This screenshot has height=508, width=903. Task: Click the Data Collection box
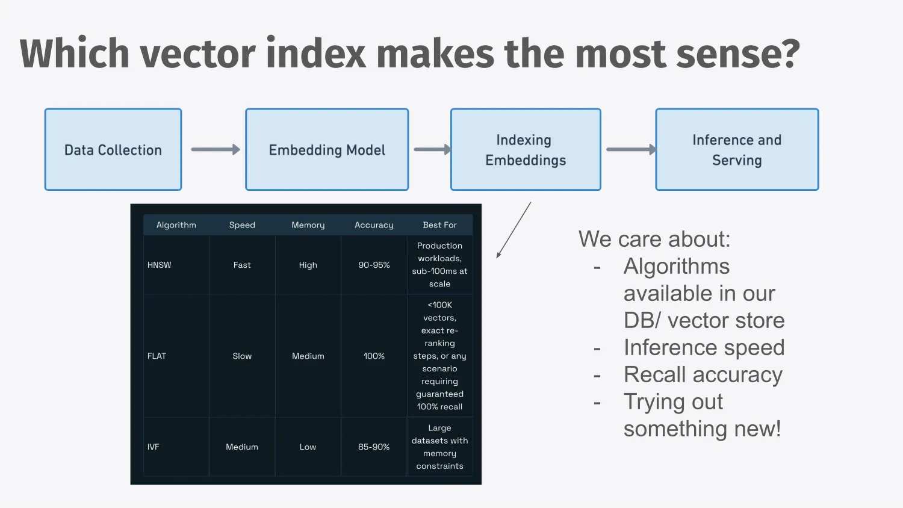[x=113, y=150]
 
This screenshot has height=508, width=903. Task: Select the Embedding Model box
[x=327, y=150]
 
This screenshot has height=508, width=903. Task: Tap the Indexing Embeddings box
[x=526, y=150]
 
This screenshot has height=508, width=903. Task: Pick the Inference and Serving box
[x=737, y=150]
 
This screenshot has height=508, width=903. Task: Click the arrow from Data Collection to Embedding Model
[x=216, y=150]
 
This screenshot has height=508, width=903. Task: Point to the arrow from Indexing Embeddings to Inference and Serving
[x=631, y=150]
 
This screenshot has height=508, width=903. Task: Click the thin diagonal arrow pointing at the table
[x=514, y=230]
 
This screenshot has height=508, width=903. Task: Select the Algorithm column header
[x=176, y=225]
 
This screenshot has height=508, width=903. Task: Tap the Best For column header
[x=439, y=225]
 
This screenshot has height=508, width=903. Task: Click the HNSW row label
[x=160, y=265]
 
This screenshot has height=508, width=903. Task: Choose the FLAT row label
[x=157, y=356]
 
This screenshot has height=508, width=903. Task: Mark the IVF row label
[x=153, y=447]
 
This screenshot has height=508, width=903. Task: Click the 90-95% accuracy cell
[x=374, y=265]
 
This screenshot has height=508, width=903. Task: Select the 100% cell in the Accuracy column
[x=374, y=356]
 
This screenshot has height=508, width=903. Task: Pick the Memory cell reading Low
[x=308, y=447]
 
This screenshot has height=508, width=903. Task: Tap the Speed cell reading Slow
[x=242, y=356]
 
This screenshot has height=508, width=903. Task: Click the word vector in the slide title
[x=197, y=54]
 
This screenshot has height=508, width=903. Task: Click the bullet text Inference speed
[x=704, y=347]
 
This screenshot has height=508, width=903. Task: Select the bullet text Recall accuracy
[x=703, y=374]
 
